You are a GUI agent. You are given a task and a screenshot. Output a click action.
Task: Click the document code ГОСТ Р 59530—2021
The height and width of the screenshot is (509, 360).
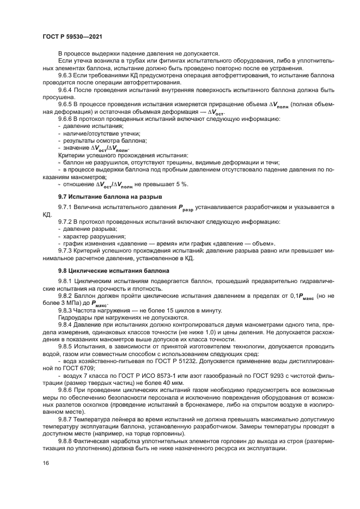[73, 36]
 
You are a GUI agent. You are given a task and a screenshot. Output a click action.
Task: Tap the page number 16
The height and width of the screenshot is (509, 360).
[46, 477]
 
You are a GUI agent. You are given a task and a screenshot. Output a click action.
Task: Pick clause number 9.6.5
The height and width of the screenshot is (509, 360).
[66, 103]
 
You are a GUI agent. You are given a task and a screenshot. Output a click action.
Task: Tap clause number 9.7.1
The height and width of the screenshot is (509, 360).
[66, 207]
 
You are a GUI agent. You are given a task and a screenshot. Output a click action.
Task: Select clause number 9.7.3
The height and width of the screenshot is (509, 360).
[66, 250]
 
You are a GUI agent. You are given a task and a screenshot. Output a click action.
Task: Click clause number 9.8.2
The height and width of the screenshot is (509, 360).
[66, 295]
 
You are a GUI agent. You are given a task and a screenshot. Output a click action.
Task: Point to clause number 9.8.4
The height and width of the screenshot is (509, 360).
[66, 324]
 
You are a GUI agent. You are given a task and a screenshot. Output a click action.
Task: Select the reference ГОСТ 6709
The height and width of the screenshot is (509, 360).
[77, 367]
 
